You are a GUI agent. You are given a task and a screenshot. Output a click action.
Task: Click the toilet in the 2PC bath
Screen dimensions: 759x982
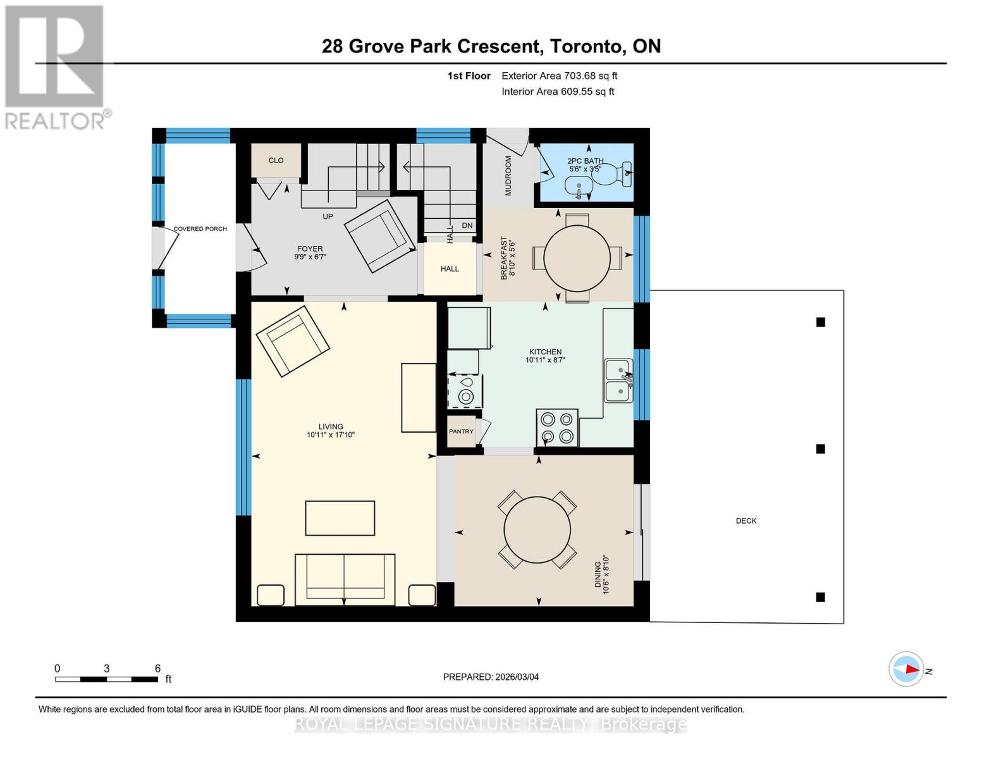click(x=620, y=174)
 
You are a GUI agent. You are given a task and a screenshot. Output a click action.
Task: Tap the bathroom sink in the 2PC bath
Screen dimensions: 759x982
click(x=579, y=187)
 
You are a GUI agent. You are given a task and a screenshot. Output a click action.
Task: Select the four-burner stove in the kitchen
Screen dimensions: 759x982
click(x=557, y=428)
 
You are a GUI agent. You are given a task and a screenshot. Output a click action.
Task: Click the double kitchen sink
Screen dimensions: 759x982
click(x=618, y=381)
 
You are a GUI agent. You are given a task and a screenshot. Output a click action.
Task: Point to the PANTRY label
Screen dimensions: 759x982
click(x=461, y=431)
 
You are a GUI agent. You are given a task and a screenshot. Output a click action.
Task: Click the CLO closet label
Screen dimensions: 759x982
click(x=276, y=161)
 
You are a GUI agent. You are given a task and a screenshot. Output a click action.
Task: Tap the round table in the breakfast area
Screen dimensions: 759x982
click(x=577, y=259)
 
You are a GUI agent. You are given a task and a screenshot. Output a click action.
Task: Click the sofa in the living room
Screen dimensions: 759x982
click(x=345, y=578)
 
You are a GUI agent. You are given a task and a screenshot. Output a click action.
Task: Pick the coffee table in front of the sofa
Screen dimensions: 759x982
click(x=340, y=518)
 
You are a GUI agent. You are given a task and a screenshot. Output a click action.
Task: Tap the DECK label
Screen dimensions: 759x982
click(x=746, y=521)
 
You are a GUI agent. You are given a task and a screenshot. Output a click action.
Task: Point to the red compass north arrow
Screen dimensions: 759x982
click(x=911, y=669)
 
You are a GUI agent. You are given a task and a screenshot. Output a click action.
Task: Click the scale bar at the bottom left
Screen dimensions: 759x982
click(x=106, y=679)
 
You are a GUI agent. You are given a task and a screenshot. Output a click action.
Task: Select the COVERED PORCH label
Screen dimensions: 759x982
click(x=200, y=229)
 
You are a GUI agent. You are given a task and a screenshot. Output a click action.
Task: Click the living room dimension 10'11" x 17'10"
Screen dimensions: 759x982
click(x=331, y=435)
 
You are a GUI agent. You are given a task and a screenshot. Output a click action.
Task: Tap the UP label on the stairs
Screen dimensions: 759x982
click(x=328, y=216)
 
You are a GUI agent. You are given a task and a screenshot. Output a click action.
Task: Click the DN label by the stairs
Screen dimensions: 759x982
click(x=467, y=226)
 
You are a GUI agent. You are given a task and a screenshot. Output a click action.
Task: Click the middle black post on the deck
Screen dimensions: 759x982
click(x=821, y=449)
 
